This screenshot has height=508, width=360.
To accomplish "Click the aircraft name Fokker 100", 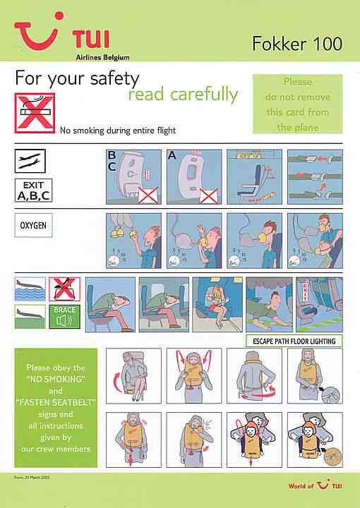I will point(296,44).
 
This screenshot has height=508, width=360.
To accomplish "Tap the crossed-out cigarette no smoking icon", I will point(35,113).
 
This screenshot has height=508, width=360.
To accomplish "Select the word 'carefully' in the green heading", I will point(184,95).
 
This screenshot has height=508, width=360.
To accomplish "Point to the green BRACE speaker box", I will point(65,318).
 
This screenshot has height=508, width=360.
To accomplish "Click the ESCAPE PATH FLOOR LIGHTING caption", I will point(293,341).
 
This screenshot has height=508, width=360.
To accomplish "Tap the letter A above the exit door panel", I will point(172,155).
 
